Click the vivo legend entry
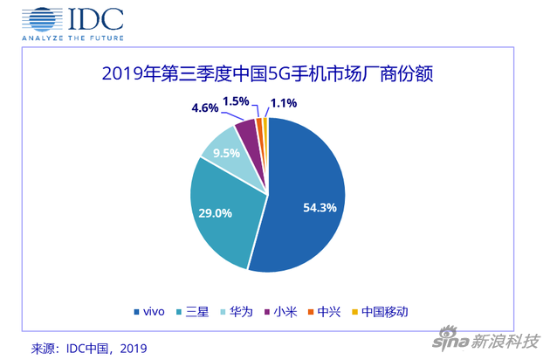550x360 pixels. coord(149,311)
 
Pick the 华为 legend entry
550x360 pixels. coord(246,311)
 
